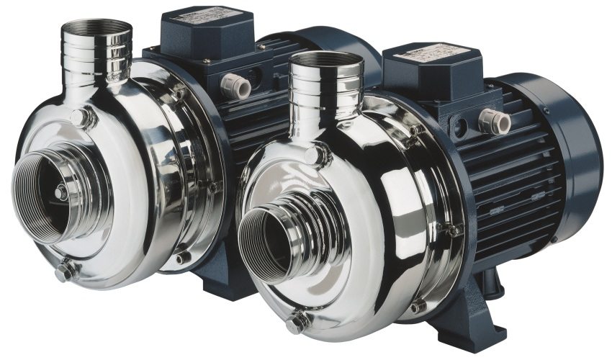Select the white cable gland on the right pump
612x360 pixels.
(x=495, y=120)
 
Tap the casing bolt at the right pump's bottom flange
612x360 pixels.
(x=418, y=306)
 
